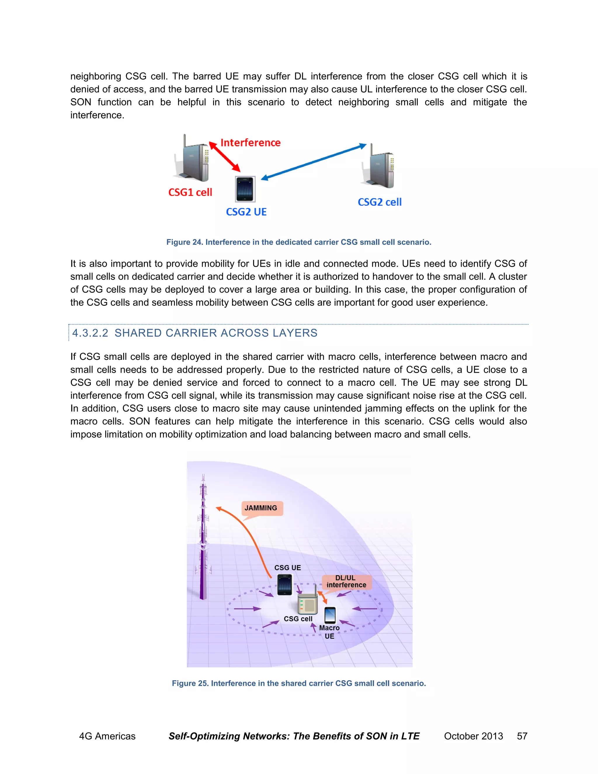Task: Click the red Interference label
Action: tap(251, 143)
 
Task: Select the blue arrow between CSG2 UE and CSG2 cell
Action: tap(314, 162)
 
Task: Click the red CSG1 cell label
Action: tap(190, 192)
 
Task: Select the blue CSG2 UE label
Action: tap(246, 212)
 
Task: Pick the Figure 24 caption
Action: tap(299, 242)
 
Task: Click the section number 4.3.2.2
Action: tap(90, 333)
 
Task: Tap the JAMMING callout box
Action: tap(261, 508)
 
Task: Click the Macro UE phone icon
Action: tap(330, 615)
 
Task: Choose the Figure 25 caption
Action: tap(299, 683)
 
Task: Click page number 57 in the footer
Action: tap(522, 736)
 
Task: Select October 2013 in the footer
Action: tap(473, 736)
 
